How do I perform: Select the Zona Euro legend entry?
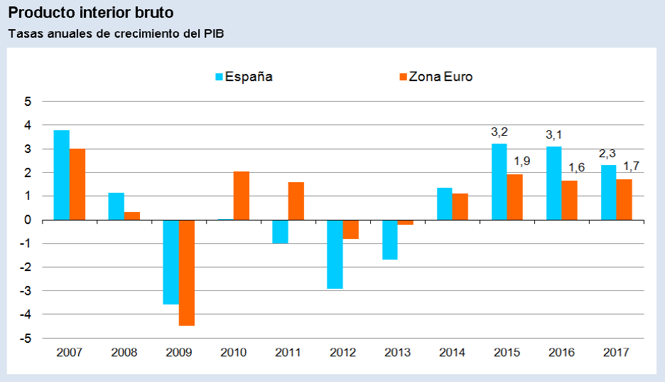(435, 77)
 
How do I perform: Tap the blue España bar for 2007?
(62, 175)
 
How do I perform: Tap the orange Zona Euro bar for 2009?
(187, 272)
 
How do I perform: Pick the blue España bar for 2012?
(335, 254)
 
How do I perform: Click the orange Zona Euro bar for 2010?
(242, 196)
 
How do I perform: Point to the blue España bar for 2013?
(389, 240)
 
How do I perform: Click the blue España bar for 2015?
(499, 181)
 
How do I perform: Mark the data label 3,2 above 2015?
(499, 132)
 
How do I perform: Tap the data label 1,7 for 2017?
(631, 166)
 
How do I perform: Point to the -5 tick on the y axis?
(27, 339)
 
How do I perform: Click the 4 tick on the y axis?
(28, 125)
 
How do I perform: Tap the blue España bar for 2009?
(171, 262)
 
